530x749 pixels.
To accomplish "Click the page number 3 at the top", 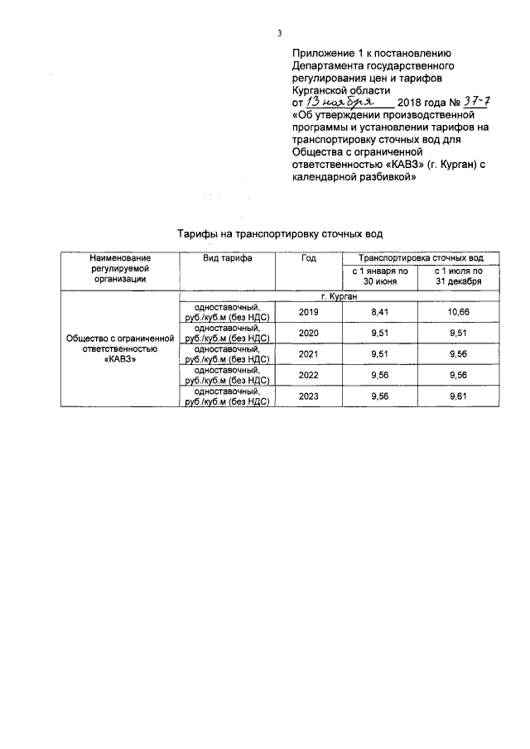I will pos(280,34).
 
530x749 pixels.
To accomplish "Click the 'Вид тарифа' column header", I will pos(228,258).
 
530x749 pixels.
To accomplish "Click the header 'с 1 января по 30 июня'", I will pos(380,276).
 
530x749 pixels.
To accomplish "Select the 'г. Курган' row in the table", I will pos(340,295).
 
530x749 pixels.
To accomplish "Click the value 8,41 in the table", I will pos(380,312).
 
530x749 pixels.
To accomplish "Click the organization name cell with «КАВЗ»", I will pos(120,349).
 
